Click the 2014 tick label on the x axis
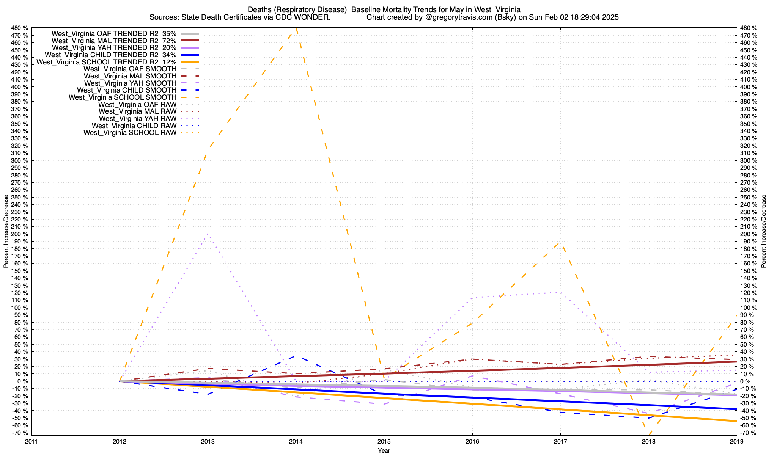[x=296, y=441]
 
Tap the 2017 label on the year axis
[x=560, y=441]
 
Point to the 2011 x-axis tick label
[x=31, y=441]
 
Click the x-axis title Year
[x=384, y=450]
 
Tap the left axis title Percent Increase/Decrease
[x=6, y=231]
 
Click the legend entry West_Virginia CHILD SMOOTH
[x=126, y=90]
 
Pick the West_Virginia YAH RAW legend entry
[x=137, y=119]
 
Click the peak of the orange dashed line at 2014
[x=296, y=29]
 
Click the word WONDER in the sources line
[x=316, y=17]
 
